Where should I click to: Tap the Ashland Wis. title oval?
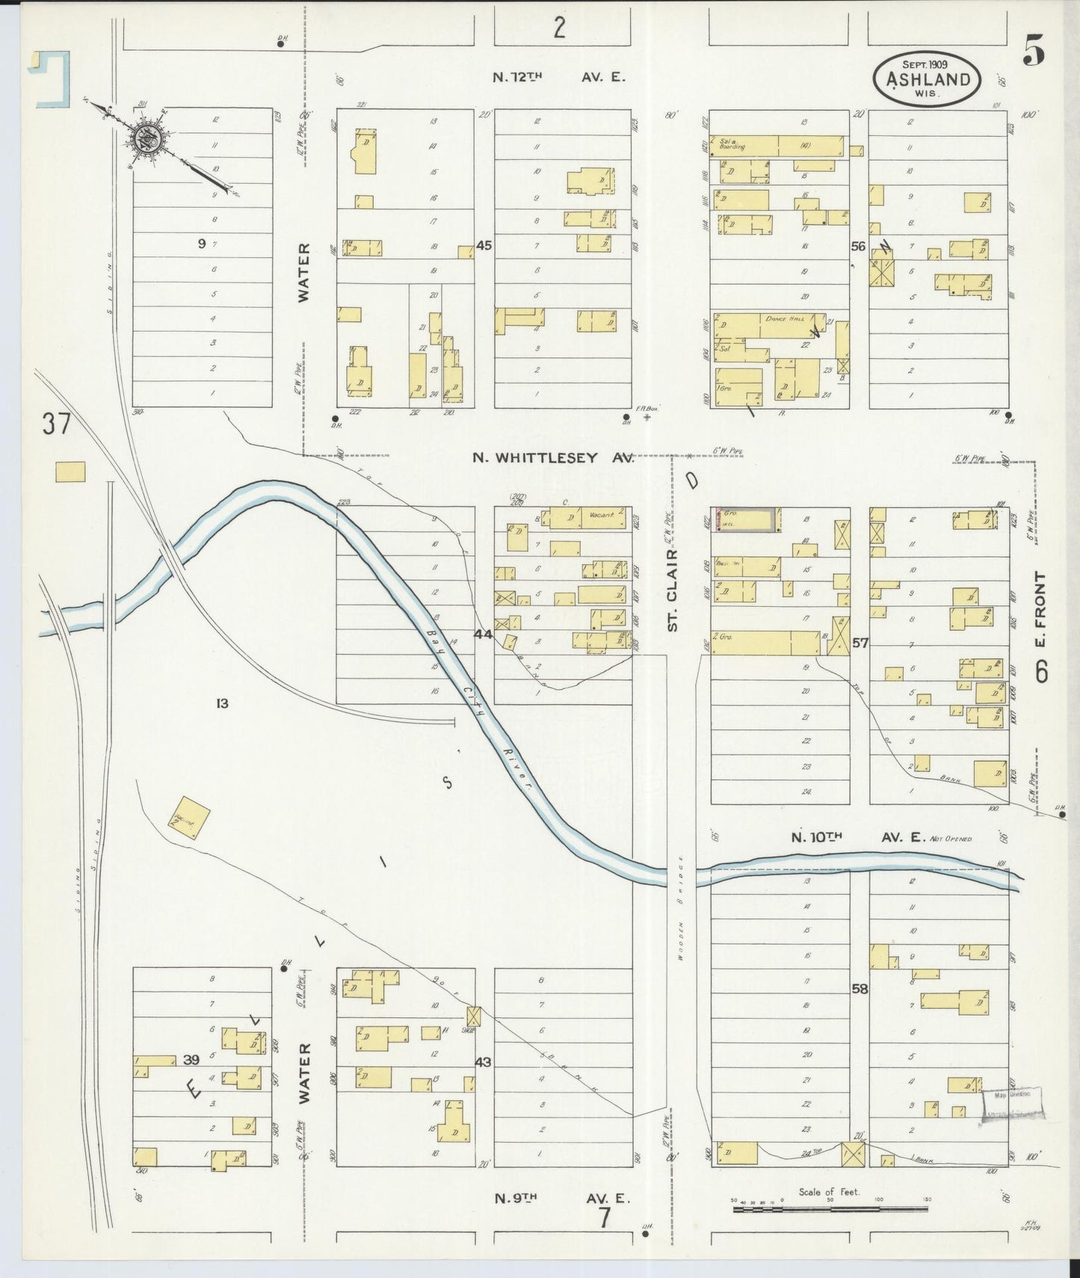click(x=928, y=78)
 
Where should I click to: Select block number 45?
click(x=484, y=244)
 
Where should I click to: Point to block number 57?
click(x=860, y=642)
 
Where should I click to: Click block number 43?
click(x=484, y=1061)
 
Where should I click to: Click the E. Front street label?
click(x=1041, y=610)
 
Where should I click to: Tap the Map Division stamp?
click(x=1012, y=1094)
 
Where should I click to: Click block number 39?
click(x=191, y=1060)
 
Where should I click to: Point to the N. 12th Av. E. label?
click(x=558, y=77)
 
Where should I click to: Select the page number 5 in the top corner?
click(x=1034, y=52)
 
